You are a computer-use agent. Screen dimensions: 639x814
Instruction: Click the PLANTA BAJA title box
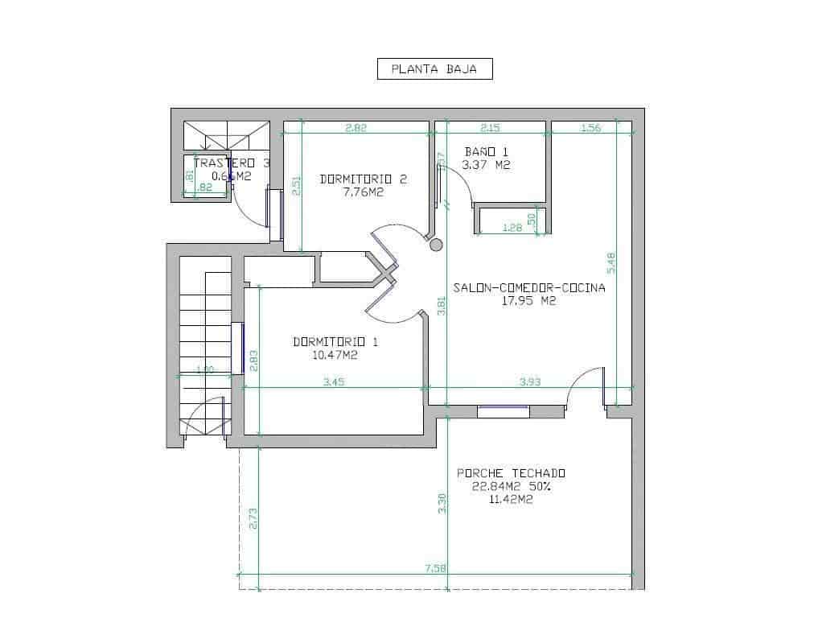(434, 69)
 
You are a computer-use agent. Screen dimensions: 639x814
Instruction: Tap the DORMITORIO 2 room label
(363, 179)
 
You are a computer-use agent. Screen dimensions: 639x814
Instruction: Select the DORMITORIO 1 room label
(335, 341)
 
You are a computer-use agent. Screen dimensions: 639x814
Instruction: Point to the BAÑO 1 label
(487, 151)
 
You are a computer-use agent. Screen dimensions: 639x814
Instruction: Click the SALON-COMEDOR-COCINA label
(528, 287)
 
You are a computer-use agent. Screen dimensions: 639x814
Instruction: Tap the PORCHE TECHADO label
(511, 473)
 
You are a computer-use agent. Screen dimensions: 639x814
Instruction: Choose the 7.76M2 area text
(363, 192)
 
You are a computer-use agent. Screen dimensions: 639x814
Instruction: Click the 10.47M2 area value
(335, 354)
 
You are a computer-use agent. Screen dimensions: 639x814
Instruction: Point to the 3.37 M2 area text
(487, 165)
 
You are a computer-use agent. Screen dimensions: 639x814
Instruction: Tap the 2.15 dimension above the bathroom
(490, 127)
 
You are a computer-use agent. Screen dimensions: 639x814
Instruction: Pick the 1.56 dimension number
(590, 127)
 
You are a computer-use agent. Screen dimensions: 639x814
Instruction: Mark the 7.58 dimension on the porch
(435, 569)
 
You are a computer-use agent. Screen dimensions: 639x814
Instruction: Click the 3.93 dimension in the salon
(530, 382)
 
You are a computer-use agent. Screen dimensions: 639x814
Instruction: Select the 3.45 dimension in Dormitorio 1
(334, 382)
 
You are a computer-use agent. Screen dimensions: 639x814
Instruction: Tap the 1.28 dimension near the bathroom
(512, 228)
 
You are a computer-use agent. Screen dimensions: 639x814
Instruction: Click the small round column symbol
(437, 245)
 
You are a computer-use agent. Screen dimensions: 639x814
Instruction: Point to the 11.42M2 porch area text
(511, 499)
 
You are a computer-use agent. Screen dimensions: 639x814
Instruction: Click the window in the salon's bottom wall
(503, 411)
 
